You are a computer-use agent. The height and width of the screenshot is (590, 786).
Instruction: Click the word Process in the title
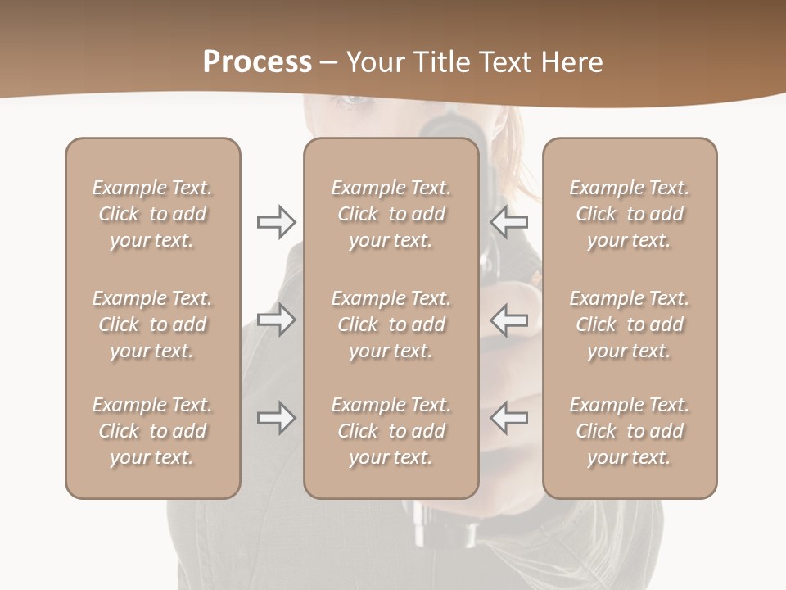click(x=257, y=62)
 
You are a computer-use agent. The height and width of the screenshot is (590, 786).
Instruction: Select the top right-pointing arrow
click(x=276, y=222)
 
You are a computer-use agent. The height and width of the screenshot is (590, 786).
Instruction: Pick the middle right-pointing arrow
click(x=276, y=320)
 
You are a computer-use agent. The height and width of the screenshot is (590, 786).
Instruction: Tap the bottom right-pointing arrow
click(x=276, y=418)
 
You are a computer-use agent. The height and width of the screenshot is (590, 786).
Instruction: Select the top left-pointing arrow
click(x=509, y=222)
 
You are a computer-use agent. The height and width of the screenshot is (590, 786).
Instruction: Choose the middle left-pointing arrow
click(x=509, y=320)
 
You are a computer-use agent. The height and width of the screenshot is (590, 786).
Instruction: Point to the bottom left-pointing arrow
click(x=509, y=418)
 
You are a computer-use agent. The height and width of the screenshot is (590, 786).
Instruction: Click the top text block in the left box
click(x=152, y=214)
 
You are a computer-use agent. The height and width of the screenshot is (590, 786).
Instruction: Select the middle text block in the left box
click(x=152, y=324)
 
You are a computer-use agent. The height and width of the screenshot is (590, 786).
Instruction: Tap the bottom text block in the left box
click(x=152, y=431)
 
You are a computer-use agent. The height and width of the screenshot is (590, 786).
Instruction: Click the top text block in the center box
click(x=391, y=214)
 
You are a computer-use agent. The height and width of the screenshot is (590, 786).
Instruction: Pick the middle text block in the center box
click(x=391, y=324)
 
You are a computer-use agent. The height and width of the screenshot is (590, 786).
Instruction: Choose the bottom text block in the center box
click(x=391, y=431)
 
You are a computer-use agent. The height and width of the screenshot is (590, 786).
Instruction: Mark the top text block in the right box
click(x=629, y=214)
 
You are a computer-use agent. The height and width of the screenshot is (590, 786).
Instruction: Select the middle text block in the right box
click(x=629, y=324)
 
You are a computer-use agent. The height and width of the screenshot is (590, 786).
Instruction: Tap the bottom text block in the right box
click(x=629, y=431)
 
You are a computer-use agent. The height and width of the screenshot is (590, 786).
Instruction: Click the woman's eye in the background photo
click(x=354, y=100)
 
